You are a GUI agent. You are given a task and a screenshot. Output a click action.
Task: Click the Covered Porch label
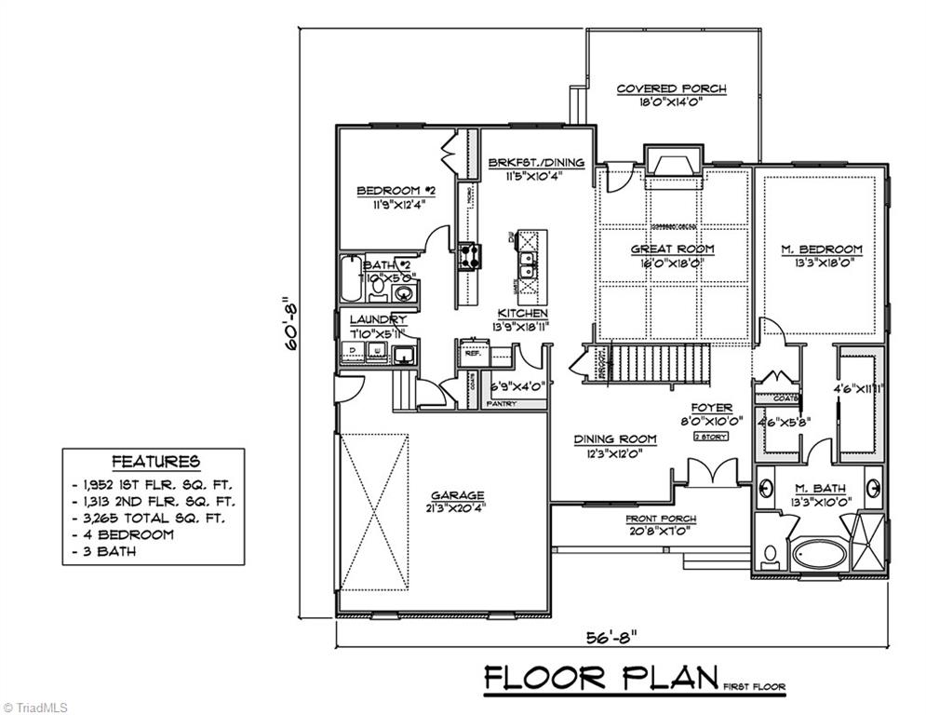[x=671, y=89]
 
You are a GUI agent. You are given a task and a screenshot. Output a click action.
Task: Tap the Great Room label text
[x=672, y=249]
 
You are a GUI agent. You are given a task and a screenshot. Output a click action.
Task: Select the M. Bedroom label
[x=821, y=249]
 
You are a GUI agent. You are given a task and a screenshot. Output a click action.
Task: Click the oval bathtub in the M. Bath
[x=819, y=555]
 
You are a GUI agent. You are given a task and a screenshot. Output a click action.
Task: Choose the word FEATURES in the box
[x=155, y=462]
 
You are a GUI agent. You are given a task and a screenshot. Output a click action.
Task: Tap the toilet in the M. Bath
[x=771, y=555]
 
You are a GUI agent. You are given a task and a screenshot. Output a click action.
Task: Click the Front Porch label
[x=661, y=519]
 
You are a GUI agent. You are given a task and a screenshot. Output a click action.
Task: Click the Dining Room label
[x=614, y=439]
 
